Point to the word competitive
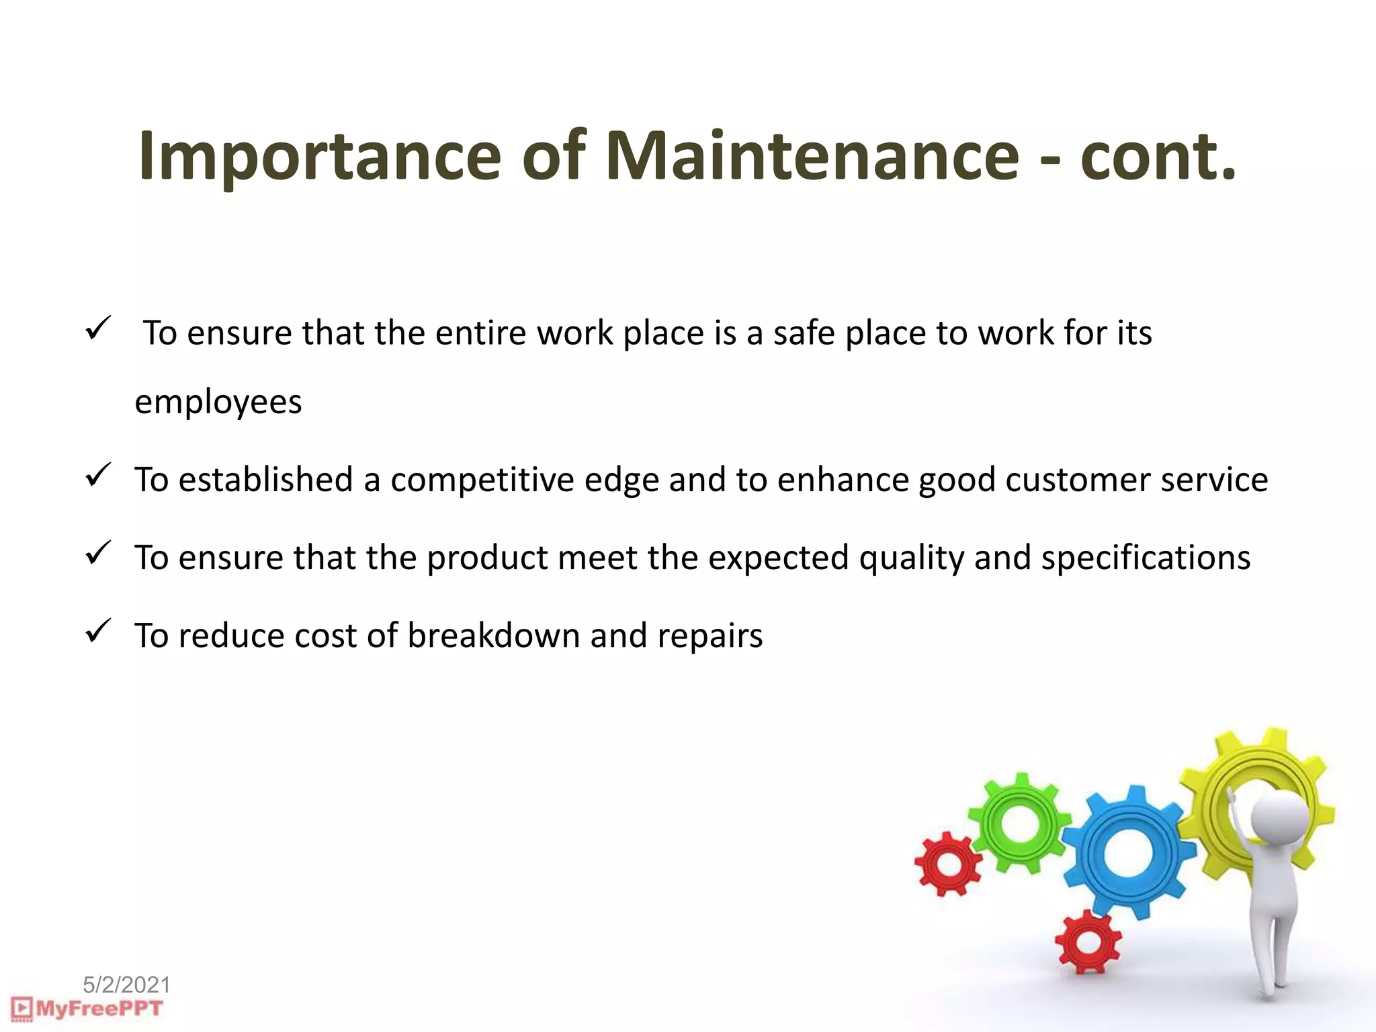(x=482, y=480)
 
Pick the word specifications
(x=1146, y=558)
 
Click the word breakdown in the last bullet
(x=493, y=636)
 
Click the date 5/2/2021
(x=126, y=985)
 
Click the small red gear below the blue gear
(x=1088, y=942)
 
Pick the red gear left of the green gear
(x=948, y=864)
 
